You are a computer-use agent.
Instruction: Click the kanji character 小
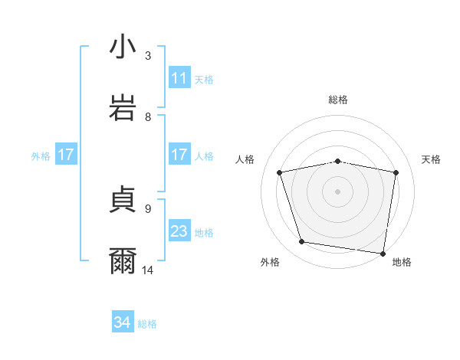click(123, 47)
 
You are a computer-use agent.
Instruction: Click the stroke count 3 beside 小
click(148, 56)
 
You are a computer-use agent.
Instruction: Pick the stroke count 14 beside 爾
click(148, 270)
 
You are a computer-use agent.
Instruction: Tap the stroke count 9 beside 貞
click(148, 208)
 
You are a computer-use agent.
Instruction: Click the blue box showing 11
click(179, 78)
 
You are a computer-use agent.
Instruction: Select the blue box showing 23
click(179, 231)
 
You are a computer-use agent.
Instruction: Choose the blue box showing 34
click(123, 323)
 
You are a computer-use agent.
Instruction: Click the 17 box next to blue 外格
click(66, 155)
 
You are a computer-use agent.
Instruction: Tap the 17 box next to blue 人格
click(179, 155)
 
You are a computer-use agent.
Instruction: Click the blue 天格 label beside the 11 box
click(204, 79)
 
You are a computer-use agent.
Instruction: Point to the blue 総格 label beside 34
click(147, 324)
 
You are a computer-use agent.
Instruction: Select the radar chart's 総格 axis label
click(338, 100)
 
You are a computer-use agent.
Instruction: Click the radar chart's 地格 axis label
click(402, 262)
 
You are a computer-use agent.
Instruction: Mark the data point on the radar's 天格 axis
click(396, 172)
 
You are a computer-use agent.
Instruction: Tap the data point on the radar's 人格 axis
click(280, 172)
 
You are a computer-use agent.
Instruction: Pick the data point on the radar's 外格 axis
click(302, 242)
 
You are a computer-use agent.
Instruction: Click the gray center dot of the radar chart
click(338, 191)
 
